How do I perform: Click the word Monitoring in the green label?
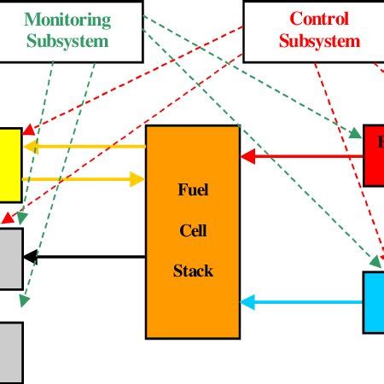(67, 18)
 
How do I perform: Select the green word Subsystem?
(67, 40)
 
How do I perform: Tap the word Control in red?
(319, 18)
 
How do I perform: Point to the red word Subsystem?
(319, 40)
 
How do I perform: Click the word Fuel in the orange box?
(192, 189)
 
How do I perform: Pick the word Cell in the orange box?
(192, 230)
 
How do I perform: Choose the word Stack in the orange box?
(192, 271)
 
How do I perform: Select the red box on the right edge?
(373, 155)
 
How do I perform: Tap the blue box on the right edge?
(373, 302)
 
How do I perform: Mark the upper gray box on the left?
(11, 258)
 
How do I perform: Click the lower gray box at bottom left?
(11, 352)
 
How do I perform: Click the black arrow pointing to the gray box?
(84, 257)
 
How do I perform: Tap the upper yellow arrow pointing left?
(84, 147)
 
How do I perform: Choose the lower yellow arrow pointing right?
(84, 179)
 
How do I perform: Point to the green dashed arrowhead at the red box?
(356, 134)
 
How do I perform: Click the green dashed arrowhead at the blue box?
(375, 264)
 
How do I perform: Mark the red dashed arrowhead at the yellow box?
(27, 131)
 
